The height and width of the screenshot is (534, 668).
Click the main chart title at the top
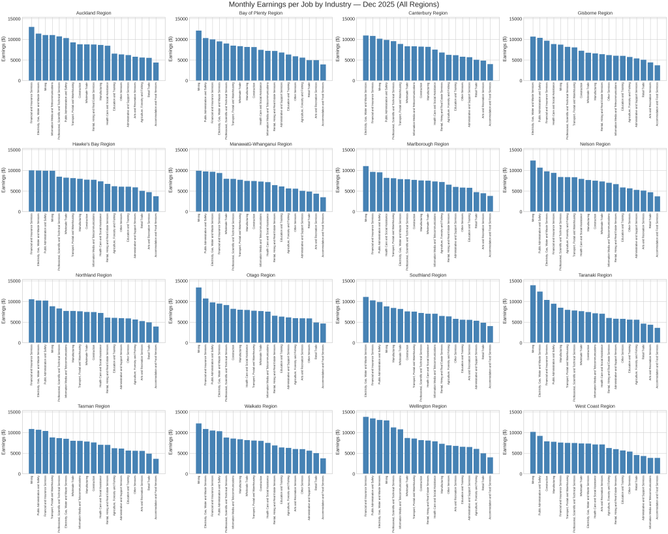pos(333,5)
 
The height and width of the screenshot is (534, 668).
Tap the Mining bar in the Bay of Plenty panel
pos(198,55)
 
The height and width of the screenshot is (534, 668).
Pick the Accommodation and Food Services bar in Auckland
pos(156,71)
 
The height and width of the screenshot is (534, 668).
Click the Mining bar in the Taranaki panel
pos(533,314)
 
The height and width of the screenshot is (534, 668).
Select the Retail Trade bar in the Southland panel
pos(483,333)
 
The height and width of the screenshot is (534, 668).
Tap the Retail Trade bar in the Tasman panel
pos(148,464)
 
